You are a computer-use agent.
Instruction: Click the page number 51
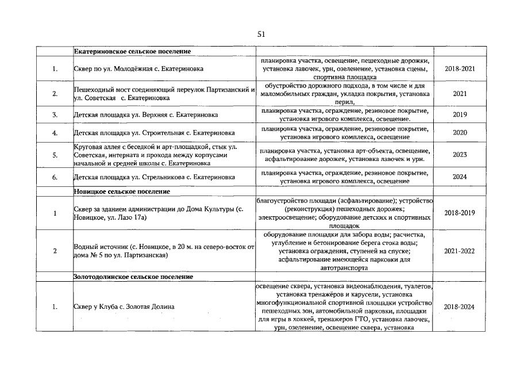click(x=261, y=34)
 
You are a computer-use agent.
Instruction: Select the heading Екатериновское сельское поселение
click(x=132, y=52)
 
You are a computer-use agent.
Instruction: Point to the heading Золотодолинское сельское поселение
click(x=133, y=277)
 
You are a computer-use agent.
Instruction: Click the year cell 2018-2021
click(x=460, y=68)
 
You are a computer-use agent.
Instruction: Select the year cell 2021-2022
click(x=460, y=251)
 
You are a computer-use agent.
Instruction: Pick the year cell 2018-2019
click(x=460, y=213)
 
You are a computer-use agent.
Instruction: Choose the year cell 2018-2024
click(x=460, y=306)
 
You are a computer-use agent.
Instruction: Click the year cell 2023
click(x=460, y=155)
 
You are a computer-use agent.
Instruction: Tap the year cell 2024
click(x=460, y=177)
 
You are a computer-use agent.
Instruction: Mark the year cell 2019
click(x=460, y=114)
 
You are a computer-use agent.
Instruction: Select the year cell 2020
click(x=460, y=132)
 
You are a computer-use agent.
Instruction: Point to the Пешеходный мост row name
click(x=164, y=94)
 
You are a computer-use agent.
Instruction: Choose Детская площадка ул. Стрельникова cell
click(x=155, y=177)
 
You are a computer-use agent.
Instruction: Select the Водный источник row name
click(x=164, y=251)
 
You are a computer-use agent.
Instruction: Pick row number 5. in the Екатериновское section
click(x=55, y=155)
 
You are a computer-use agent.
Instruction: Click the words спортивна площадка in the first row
click(x=345, y=76)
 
